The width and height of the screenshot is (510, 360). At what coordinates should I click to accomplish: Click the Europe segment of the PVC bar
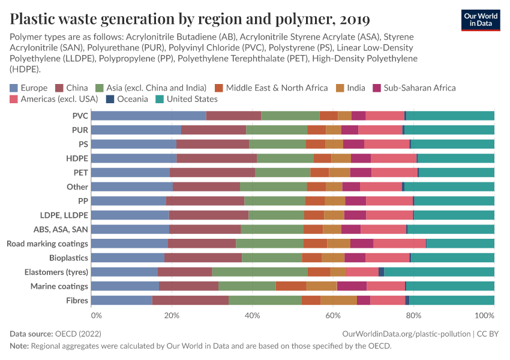[148, 116]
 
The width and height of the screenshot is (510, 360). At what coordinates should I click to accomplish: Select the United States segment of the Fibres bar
[452, 301]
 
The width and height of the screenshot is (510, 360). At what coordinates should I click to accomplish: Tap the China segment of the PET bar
[212, 173]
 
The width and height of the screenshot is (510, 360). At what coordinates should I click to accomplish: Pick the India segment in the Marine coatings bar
[321, 286]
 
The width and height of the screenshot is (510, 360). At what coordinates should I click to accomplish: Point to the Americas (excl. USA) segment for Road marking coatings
[400, 243]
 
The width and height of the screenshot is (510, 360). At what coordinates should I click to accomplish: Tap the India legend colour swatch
[340, 88]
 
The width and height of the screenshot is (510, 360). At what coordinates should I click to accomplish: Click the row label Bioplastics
[69, 257]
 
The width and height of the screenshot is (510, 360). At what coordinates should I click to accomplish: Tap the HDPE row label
[77, 158]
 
